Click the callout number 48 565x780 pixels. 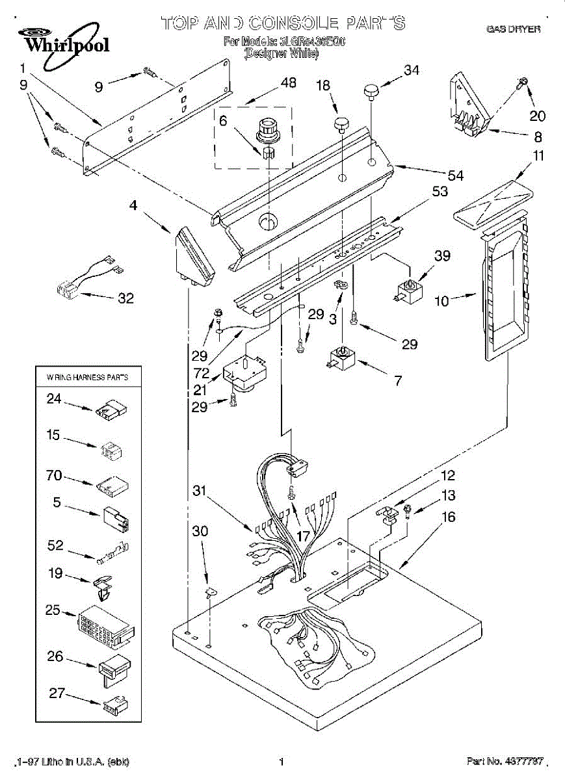pyautogui.click(x=288, y=83)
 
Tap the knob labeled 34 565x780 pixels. pyautogui.click(x=371, y=91)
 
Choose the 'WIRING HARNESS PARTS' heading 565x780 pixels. pyautogui.click(x=87, y=377)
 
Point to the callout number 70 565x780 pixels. pyautogui.click(x=54, y=476)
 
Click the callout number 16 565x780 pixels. pyautogui.click(x=448, y=517)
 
